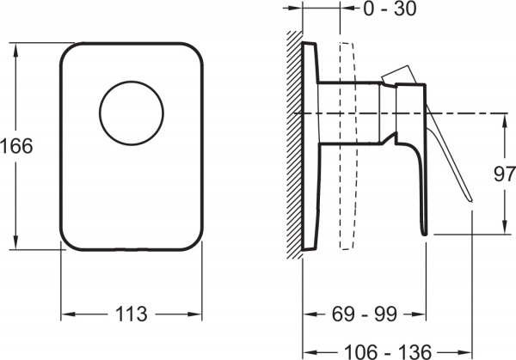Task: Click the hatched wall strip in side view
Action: point(294,146)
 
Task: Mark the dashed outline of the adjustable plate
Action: point(348,146)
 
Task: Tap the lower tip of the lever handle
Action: point(471,200)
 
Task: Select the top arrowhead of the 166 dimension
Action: point(16,46)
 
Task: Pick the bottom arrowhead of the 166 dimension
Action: point(16,245)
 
